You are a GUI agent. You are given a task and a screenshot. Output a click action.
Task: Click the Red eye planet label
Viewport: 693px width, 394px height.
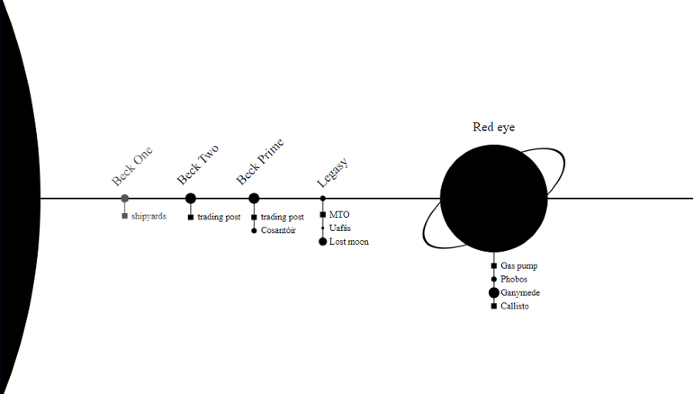(x=494, y=127)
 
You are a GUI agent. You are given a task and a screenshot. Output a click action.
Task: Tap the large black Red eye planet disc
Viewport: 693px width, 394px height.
(x=494, y=199)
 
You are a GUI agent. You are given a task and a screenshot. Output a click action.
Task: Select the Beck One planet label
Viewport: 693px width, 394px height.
(x=132, y=166)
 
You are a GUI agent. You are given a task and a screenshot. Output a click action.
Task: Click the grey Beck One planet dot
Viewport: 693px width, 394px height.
(x=125, y=199)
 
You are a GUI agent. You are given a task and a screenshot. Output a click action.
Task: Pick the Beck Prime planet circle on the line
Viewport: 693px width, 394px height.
(x=254, y=199)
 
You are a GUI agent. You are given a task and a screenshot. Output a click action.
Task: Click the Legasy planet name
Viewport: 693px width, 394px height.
(x=333, y=172)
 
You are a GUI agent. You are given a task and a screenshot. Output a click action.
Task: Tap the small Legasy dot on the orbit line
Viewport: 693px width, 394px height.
(x=323, y=199)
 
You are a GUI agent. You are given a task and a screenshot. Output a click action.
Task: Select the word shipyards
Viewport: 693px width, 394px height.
(x=149, y=216)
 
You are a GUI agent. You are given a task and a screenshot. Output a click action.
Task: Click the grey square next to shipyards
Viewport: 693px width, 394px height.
(x=125, y=216)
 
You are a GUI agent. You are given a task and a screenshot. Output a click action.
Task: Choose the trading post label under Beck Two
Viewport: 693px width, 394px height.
(x=219, y=217)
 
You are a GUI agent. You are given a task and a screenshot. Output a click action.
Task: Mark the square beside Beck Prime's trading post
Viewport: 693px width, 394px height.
(x=254, y=217)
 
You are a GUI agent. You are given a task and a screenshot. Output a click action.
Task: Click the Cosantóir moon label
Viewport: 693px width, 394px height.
(x=278, y=231)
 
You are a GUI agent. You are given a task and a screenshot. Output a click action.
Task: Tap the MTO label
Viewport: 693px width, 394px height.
(x=339, y=215)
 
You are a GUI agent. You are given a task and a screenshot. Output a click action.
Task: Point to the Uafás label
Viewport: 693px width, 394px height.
(x=340, y=228)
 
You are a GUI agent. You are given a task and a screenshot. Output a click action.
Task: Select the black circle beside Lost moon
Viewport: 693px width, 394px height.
(x=323, y=242)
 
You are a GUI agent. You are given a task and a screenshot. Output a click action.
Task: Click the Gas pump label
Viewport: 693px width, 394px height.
(x=519, y=265)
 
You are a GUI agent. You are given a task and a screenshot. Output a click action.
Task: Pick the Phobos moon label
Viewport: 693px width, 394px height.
(x=514, y=279)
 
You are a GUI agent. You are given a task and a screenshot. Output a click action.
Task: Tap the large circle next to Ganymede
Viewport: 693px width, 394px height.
(x=494, y=292)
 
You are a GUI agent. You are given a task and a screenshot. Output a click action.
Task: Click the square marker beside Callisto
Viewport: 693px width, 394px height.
(x=494, y=306)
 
